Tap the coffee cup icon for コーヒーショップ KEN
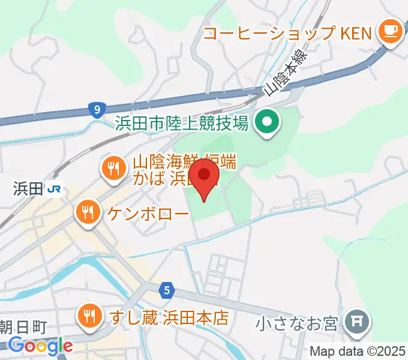coord(389,32)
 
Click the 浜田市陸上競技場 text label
coord(182,124)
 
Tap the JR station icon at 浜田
coord(54,189)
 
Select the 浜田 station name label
coord(28,189)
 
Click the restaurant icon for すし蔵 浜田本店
coord(90,317)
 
